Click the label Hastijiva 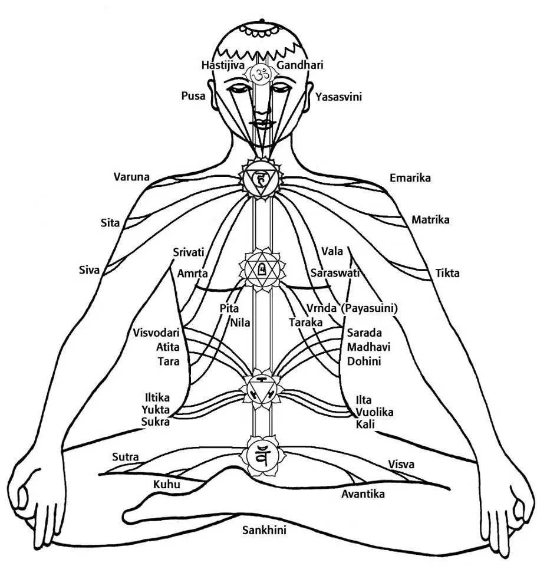pos(223,65)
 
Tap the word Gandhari pos(299,65)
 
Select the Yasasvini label pos(338,97)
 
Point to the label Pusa pos(193,96)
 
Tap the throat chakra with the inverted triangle pos(260,178)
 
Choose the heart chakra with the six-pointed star pos(262,269)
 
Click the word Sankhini pos(264,530)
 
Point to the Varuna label pos(131,177)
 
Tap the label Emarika pos(410,177)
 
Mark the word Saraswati pos(335,273)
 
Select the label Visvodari pos(156,333)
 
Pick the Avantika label pos(363,494)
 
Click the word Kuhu pos(166,484)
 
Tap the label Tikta pos(447,273)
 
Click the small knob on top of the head pos(262,21)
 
